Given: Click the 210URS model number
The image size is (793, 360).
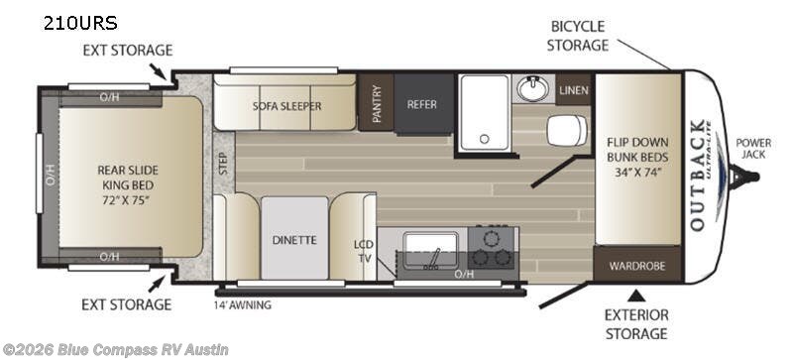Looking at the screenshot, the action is click(x=80, y=23).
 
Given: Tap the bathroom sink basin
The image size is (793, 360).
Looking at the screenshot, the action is click(x=533, y=88).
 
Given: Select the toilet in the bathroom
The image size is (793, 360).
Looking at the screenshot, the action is click(x=567, y=129).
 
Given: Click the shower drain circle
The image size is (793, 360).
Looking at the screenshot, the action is click(x=485, y=139).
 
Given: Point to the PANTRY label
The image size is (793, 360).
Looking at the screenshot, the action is click(x=377, y=103).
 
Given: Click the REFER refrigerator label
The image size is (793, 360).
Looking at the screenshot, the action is click(x=422, y=104).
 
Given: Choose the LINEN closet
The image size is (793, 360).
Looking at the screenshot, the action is click(x=574, y=90).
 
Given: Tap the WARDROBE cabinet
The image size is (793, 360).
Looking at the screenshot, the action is click(x=637, y=265).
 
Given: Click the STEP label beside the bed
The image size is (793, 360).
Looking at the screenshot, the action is click(x=224, y=163).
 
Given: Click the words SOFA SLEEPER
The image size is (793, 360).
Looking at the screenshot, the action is click(x=286, y=106).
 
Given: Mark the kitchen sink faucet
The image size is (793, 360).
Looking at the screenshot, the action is click(x=434, y=258).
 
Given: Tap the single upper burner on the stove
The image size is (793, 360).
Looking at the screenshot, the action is click(x=490, y=237).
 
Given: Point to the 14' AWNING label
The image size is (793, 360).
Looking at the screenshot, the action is click(x=242, y=304).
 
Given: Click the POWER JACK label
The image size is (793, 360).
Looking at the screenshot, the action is click(x=753, y=149).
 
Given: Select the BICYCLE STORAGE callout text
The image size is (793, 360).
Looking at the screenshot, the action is click(x=578, y=36).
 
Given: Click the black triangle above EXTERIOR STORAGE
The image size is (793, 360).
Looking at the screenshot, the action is click(x=636, y=295).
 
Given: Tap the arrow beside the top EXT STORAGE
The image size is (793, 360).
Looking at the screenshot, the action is click(x=159, y=71).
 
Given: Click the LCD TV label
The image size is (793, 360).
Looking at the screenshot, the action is click(x=363, y=251).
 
